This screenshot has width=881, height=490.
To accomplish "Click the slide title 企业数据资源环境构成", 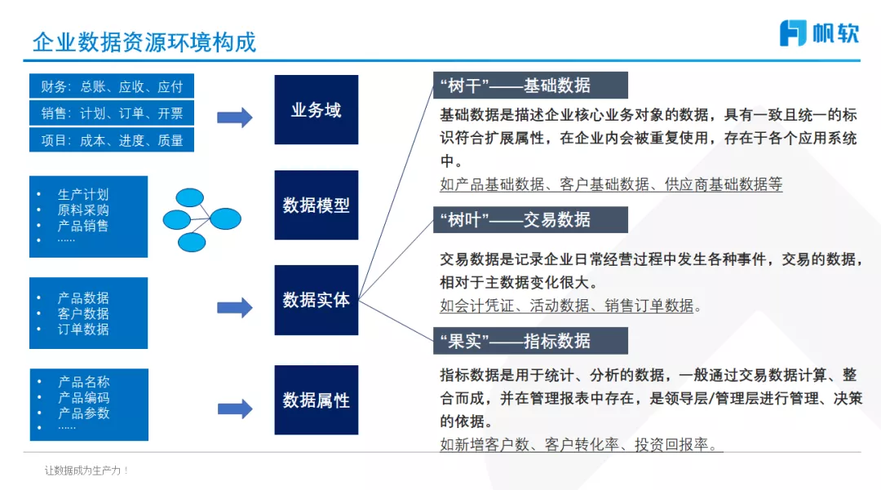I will coord(144,42).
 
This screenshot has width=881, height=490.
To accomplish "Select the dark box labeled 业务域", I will coord(316,109).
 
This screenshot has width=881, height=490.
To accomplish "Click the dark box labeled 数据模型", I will coord(316,205).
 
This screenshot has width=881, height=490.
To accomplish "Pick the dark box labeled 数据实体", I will coord(316,300).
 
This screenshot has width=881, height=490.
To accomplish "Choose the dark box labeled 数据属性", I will coord(316,400).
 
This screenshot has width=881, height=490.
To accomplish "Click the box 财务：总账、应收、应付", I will coord(112,86).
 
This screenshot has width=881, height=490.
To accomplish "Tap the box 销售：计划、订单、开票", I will coord(112,113).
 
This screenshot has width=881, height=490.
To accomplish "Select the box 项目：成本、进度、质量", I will coord(112,140).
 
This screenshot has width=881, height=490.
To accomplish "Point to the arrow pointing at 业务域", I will coord(235,117).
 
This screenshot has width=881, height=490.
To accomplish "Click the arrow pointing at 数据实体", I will coord(235,307).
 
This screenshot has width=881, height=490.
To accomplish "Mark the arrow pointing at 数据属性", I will coord(235,408).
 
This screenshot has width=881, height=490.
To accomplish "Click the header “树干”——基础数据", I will coord(530,86).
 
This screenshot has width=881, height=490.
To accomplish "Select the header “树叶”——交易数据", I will coord(530,219).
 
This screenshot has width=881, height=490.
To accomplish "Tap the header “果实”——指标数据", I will coord(530,341).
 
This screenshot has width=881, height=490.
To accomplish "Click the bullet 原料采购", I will coord(82,210).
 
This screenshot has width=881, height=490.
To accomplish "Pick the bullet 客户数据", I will coord(82,314).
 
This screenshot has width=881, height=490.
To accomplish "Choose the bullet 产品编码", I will coord(83,398).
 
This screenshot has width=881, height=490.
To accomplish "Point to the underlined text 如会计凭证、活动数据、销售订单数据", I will coord(569,307).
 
